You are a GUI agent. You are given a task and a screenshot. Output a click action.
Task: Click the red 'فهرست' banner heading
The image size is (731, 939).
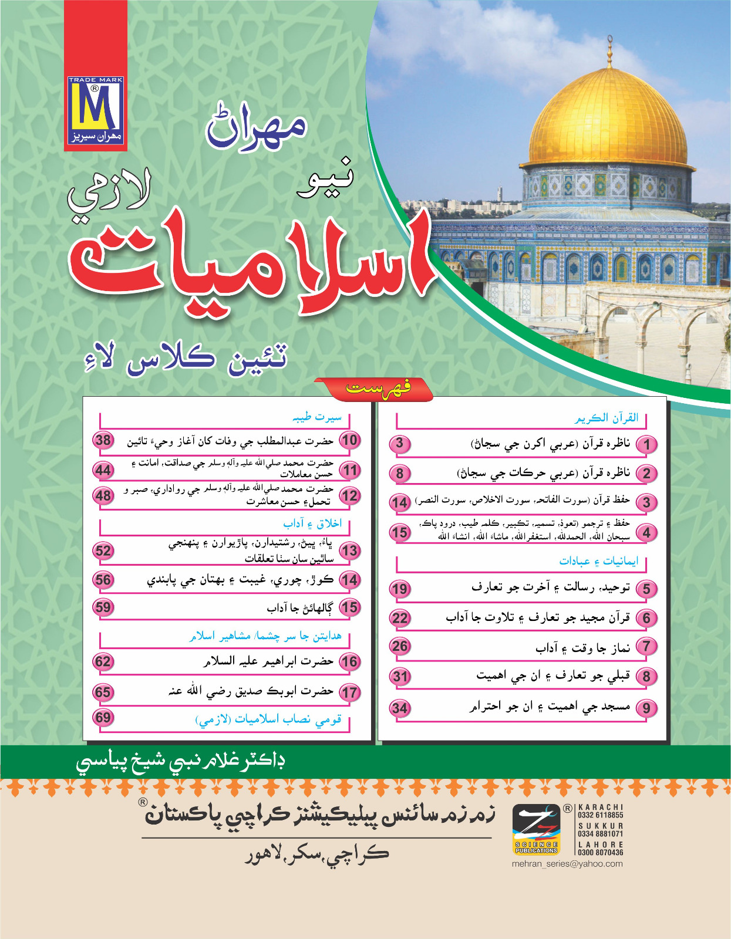(378, 389)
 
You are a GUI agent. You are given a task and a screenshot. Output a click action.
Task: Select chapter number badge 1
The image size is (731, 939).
(646, 444)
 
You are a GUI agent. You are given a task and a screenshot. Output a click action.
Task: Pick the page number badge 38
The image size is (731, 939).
(103, 440)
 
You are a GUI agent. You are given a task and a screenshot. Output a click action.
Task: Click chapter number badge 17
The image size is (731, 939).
(349, 693)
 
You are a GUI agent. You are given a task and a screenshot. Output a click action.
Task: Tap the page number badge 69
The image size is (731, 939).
(103, 718)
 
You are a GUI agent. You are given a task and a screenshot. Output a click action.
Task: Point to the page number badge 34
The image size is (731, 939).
(400, 708)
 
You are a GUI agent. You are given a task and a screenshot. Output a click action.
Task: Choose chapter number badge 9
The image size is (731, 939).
(646, 708)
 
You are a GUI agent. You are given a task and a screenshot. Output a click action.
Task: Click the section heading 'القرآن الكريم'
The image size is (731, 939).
(606, 418)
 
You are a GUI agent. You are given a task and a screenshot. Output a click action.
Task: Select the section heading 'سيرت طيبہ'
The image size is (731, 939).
(317, 417)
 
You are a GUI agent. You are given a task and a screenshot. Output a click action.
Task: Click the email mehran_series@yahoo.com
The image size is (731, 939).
(567, 864)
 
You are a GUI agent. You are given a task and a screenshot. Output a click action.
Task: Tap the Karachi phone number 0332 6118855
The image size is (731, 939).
(600, 815)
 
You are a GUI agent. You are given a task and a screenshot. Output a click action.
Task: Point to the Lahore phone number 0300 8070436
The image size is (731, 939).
(600, 853)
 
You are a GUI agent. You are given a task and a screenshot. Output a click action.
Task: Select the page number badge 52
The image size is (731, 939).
(103, 550)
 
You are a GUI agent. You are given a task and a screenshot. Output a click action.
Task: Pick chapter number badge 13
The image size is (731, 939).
(349, 551)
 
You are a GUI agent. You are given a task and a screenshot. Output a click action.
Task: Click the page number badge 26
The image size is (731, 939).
(400, 647)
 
